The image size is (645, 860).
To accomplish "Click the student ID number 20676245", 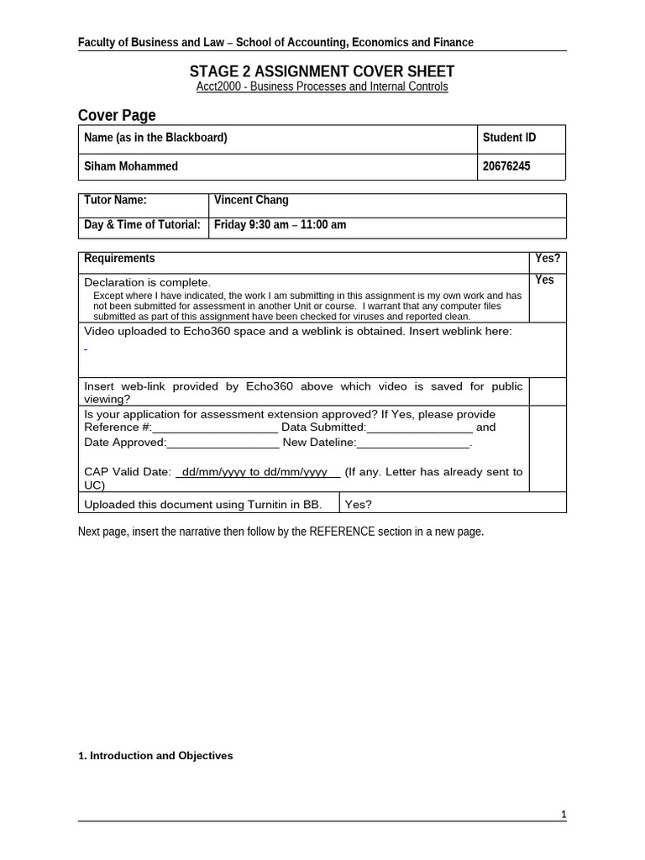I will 506,166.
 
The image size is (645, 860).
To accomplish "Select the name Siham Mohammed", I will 131,166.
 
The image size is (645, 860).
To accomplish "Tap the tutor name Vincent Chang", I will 251,200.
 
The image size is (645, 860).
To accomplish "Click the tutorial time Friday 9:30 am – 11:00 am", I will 280,224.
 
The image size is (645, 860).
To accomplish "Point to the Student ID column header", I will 509,138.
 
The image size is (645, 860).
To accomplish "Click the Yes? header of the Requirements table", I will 548,259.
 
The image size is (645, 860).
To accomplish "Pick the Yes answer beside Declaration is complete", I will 545,280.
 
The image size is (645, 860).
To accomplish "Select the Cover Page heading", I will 117,115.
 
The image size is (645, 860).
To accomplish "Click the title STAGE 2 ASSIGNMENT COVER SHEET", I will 322,71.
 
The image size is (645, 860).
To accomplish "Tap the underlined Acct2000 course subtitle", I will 322,87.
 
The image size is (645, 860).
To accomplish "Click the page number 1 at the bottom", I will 564,815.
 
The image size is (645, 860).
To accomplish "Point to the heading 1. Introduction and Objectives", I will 155,756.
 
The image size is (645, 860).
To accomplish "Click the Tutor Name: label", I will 115,200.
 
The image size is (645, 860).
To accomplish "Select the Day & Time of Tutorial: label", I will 142,224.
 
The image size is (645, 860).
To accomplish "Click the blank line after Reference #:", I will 214,427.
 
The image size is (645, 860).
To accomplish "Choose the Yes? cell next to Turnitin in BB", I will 359,504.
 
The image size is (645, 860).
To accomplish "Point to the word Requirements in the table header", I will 119,259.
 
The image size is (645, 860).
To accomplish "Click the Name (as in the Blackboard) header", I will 155,138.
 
